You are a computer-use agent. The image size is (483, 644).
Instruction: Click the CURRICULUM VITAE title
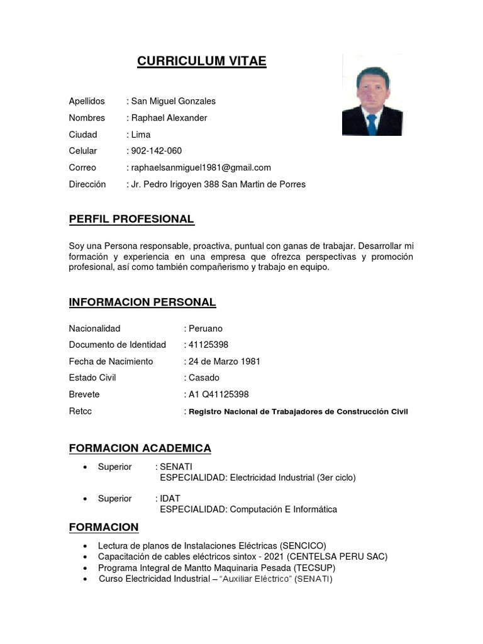tap(202, 61)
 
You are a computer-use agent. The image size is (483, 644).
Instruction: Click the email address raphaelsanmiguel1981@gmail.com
tap(201, 167)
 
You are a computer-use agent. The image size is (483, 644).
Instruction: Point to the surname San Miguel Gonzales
tap(173, 101)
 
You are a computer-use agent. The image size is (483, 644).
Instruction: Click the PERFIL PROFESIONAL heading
tap(131, 219)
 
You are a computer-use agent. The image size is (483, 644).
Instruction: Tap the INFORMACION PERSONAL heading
tap(142, 303)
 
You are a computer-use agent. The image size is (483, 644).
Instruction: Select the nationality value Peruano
tap(206, 328)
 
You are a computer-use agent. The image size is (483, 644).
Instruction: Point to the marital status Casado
tap(204, 378)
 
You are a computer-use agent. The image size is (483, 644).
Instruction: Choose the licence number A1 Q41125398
tap(218, 394)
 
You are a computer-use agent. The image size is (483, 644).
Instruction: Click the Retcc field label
tap(80, 411)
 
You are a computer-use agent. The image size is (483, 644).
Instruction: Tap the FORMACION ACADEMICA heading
tap(140, 448)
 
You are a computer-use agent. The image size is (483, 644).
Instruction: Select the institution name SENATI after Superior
tap(177, 467)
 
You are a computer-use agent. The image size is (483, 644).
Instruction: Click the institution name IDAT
tap(170, 499)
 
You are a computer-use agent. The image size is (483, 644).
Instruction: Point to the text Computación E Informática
tap(283, 509)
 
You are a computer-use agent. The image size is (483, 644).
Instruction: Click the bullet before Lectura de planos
tap(86, 546)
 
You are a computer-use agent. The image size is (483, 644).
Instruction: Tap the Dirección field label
tap(87, 184)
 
